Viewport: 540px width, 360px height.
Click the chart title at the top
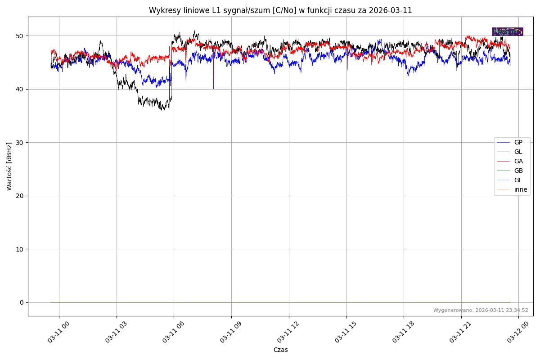[280, 10]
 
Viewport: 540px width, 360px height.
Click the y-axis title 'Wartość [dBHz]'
[9, 166]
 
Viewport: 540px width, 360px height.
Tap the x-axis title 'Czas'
[280, 350]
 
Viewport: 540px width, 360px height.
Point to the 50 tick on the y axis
[21, 36]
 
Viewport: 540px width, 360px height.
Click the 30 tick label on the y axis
[21, 142]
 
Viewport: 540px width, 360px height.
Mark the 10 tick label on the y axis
[21, 249]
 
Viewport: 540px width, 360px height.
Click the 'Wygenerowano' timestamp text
[481, 310]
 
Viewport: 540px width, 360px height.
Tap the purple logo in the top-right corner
[508, 31]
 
